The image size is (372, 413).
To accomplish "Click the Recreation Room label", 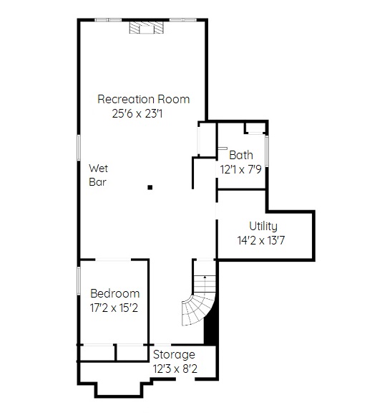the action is [x=144, y=99].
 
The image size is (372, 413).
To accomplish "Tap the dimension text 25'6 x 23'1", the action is [x=137, y=114].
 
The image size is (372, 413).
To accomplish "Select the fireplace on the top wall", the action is [x=147, y=27].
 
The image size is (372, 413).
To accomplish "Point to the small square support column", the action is [x=150, y=188].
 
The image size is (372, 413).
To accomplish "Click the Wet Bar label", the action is [x=98, y=175].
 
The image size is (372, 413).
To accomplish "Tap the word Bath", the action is [x=241, y=155].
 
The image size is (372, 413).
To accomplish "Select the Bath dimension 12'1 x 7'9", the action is [x=241, y=169].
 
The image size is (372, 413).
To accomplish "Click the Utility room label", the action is [x=263, y=227].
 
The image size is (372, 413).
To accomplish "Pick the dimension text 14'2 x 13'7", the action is [x=261, y=240].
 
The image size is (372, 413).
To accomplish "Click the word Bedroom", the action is [x=114, y=294].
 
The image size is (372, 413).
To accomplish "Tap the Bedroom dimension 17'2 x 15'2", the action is [x=114, y=308].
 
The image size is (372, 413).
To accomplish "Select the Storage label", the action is [x=174, y=355].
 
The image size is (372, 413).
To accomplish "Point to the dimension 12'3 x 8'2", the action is [x=175, y=369].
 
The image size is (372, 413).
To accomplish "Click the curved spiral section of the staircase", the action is [x=197, y=309].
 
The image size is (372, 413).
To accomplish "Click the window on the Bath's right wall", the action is [x=267, y=151].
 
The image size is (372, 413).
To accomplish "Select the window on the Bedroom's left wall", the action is [x=79, y=281].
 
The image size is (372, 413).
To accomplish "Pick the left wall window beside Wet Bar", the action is [x=79, y=148].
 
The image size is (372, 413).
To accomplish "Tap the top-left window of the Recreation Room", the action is [x=108, y=20].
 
